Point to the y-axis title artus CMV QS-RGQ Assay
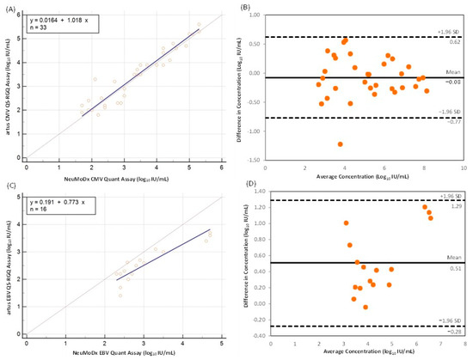(x=7, y=86)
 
